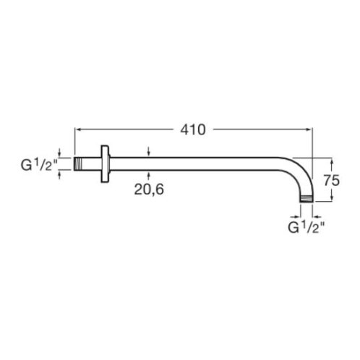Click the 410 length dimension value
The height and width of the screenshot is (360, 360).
coord(193,130)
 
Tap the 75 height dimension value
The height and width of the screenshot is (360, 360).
coord(332,180)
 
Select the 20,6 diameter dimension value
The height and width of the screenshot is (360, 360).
coord(149,189)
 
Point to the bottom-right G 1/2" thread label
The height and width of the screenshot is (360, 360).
coord(307,227)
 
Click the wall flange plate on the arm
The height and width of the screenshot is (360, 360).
coord(105,164)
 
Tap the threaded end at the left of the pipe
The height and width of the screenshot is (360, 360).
coord(77,164)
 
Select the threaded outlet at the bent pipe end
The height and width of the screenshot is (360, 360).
coord(307,199)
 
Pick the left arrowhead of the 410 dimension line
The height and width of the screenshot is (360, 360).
coord(77,129)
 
